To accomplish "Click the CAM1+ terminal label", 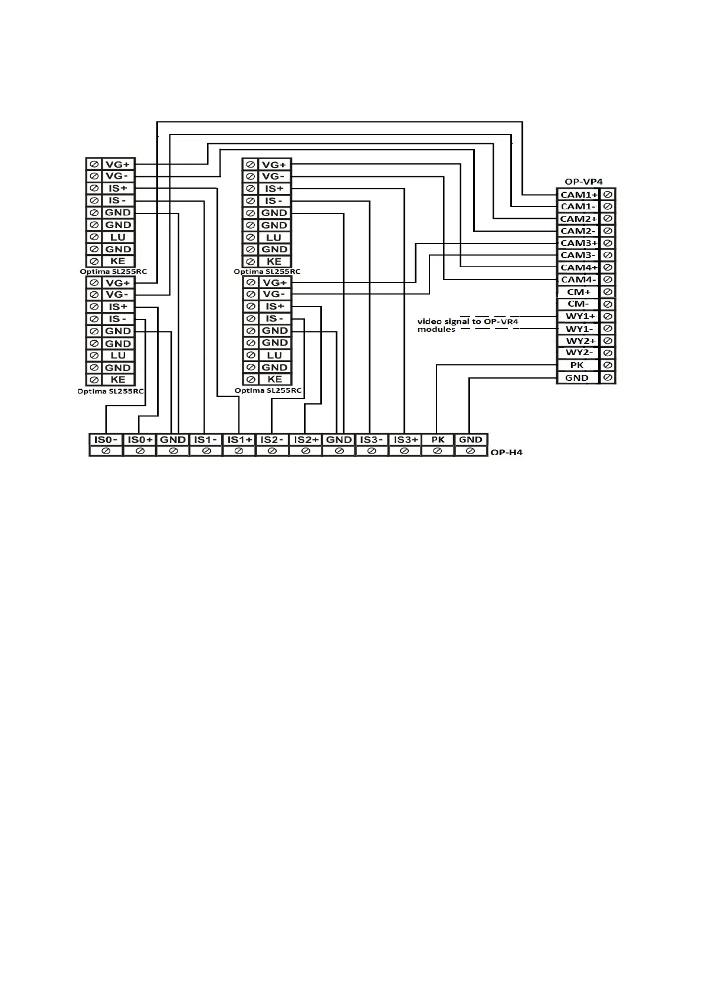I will click(578, 195).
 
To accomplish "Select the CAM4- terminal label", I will click(578, 280).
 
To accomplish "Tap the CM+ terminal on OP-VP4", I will click(578, 292).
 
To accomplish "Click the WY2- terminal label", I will click(578, 353).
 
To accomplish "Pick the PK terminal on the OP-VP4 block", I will click(577, 365).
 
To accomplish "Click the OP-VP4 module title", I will click(583, 182).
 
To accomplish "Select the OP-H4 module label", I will click(506, 452).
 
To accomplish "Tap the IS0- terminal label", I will click(106, 439).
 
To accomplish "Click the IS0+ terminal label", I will click(140, 439).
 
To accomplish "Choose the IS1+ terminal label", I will click(240, 439).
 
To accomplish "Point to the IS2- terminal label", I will click(272, 439).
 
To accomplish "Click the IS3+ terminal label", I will click(405, 439).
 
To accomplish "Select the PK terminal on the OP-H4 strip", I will click(438, 439).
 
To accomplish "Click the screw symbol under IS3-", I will click(372, 451).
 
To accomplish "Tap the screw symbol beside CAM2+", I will click(608, 219).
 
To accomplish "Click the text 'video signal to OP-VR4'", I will click(468, 321).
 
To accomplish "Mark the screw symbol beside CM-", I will click(608, 304).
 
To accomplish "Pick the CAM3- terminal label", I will click(578, 255).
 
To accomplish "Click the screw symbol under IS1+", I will click(239, 451).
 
